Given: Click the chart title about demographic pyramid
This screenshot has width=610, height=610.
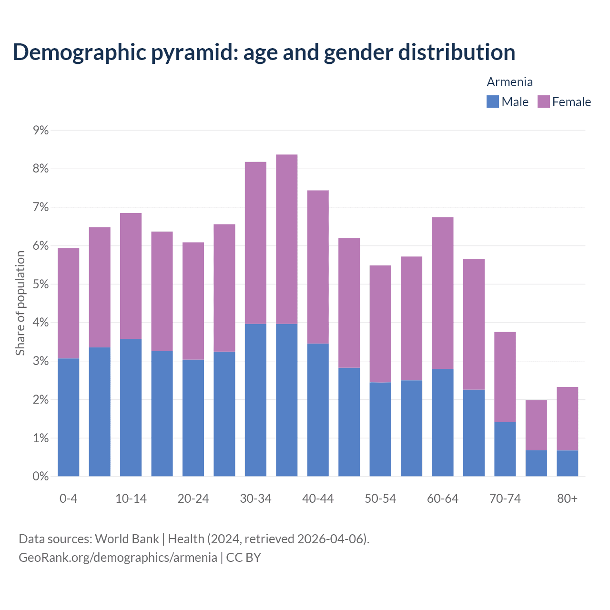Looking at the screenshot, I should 264,52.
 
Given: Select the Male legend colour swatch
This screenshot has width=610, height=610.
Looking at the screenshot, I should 492,102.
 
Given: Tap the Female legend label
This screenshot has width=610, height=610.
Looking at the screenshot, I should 571,102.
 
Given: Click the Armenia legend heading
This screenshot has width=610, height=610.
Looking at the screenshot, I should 509,82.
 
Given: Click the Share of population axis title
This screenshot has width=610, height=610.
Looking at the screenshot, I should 20,303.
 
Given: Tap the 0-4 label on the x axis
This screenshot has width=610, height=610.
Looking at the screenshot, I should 68,498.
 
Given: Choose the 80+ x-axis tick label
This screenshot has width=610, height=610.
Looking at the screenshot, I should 567,498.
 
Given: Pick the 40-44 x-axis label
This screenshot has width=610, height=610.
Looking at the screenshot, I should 318,498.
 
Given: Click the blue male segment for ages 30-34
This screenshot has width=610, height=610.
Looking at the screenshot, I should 255,400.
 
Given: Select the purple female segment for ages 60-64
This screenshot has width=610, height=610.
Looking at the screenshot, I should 443,293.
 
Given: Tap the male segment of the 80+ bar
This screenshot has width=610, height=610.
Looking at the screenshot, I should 567,463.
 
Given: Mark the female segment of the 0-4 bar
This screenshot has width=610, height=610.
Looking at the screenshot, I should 68,303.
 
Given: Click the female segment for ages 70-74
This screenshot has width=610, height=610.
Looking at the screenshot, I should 505,376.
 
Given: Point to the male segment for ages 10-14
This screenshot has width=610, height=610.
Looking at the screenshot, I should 131,407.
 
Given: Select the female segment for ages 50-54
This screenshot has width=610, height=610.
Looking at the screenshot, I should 380,324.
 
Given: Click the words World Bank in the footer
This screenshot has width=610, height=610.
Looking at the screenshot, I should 127,539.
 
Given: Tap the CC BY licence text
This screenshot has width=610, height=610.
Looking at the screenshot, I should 244,558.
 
